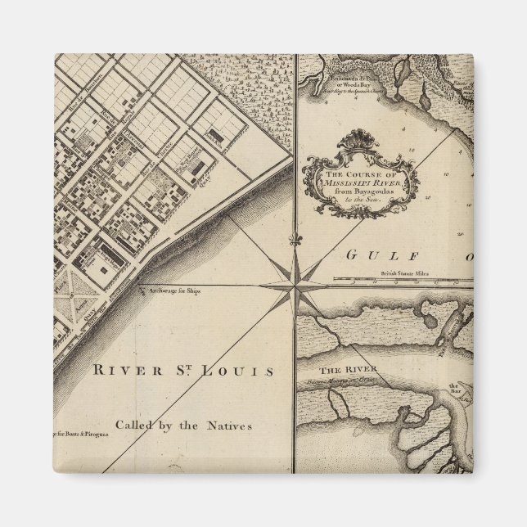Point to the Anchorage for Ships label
[x=173, y=290]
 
